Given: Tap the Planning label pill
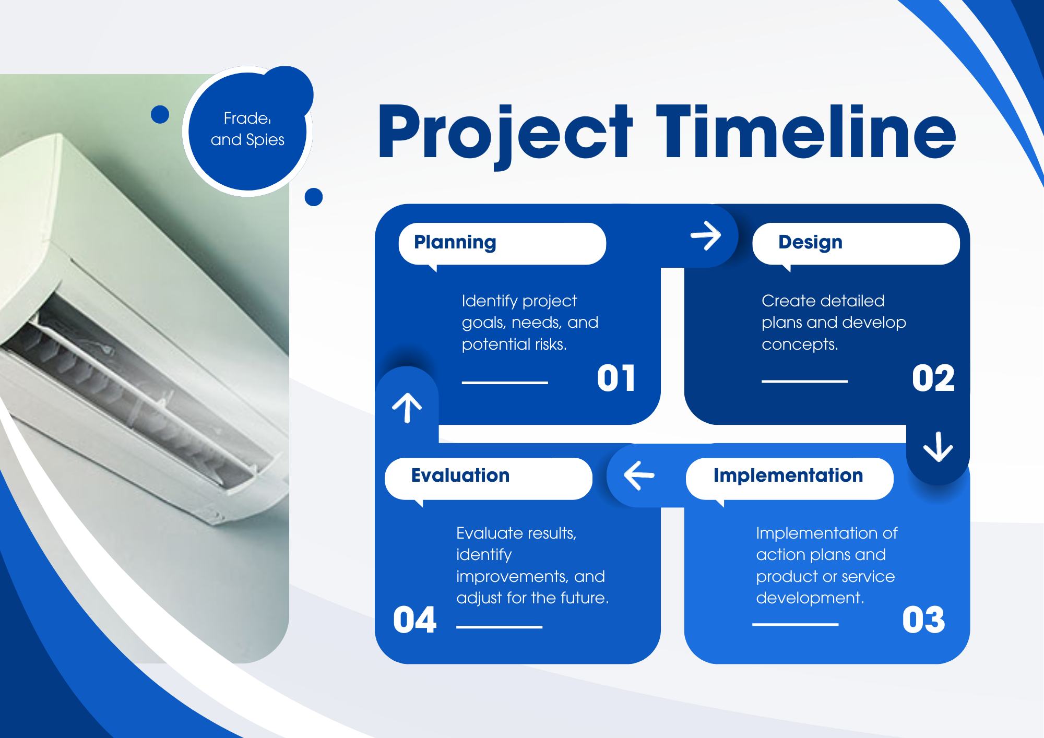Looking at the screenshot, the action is coord(502,244).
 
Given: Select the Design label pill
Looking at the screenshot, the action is coord(856,244).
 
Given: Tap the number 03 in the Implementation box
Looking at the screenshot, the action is coord(923,620).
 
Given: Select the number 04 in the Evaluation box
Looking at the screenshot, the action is coord(415,620).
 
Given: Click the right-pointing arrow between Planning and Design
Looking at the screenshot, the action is coord(706,235).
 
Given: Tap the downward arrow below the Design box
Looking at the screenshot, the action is coord(938,447).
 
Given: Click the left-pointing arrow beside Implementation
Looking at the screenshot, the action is coord(639,475).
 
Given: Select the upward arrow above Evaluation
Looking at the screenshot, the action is coord(407,408).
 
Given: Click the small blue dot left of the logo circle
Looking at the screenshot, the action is coord(160,114).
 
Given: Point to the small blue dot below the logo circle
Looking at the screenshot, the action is coord(313,197).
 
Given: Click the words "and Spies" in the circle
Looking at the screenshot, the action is coord(247,140).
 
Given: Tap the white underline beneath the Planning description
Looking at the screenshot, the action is coord(505,383).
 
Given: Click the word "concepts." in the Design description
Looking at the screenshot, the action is coord(800,344).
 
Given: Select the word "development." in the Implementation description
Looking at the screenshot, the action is coord(810,598).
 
